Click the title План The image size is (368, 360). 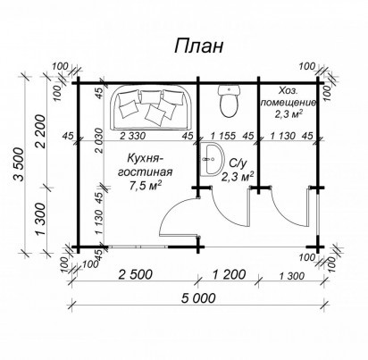[198, 46]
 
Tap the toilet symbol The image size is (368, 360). [229, 101]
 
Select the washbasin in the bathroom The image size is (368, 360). [213, 159]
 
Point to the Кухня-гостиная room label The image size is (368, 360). [145, 165]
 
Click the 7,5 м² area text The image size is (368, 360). [146, 186]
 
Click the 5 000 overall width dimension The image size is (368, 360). [198, 297]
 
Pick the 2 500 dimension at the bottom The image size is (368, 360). [136, 274]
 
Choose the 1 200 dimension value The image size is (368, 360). [229, 274]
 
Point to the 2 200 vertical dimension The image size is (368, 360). [42, 131]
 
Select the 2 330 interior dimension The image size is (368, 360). [133, 136]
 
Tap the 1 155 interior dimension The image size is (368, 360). [223, 136]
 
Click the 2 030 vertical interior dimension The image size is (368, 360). [100, 140]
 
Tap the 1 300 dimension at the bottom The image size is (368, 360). [292, 276]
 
